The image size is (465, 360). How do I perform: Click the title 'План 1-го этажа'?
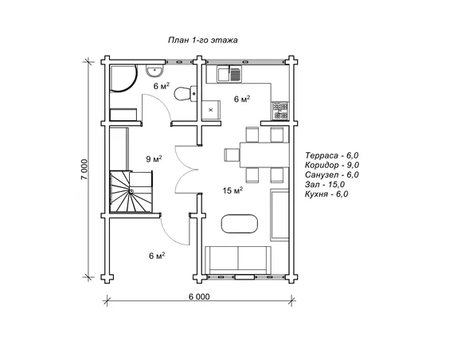(x=203, y=40)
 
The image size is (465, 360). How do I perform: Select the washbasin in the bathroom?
(x=154, y=71)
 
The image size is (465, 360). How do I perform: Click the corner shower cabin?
(x=123, y=78)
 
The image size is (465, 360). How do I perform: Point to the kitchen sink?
(x=230, y=74)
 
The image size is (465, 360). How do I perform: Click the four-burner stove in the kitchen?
(x=280, y=111)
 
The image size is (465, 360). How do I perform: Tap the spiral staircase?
(x=131, y=192)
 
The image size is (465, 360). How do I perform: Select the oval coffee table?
(x=240, y=224)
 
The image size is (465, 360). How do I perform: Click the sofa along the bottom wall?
(x=238, y=259)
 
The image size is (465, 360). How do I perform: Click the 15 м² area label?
(x=233, y=190)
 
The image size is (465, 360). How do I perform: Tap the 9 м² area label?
(x=154, y=159)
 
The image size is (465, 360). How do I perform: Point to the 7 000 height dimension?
(x=84, y=170)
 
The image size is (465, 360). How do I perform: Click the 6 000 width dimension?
(x=199, y=296)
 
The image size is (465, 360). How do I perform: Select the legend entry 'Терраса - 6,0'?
(x=332, y=155)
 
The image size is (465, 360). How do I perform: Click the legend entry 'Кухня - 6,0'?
(x=326, y=194)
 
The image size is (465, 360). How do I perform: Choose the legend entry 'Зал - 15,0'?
(x=325, y=185)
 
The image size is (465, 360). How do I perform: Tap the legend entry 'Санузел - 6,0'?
(x=332, y=174)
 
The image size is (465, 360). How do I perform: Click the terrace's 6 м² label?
(x=157, y=256)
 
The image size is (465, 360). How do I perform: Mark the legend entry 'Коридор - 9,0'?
(x=332, y=165)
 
